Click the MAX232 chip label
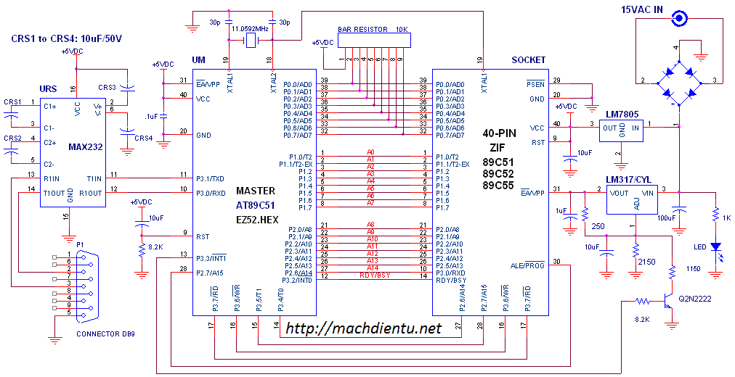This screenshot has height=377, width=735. (x=86, y=146)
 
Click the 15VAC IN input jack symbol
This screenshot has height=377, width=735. (x=680, y=18)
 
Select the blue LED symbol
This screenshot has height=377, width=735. (x=717, y=246)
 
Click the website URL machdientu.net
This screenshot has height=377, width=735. (x=363, y=329)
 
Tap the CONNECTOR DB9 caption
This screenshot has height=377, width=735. (x=105, y=334)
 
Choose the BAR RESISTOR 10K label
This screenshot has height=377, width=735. (x=373, y=30)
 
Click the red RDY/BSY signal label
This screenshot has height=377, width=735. (x=370, y=275)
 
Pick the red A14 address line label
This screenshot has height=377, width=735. (x=371, y=268)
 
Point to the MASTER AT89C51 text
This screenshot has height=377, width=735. (x=256, y=197)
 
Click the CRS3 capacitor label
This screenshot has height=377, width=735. (x=108, y=88)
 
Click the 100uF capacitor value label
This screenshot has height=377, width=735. (x=666, y=217)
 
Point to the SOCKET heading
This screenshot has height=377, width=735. (x=529, y=60)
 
